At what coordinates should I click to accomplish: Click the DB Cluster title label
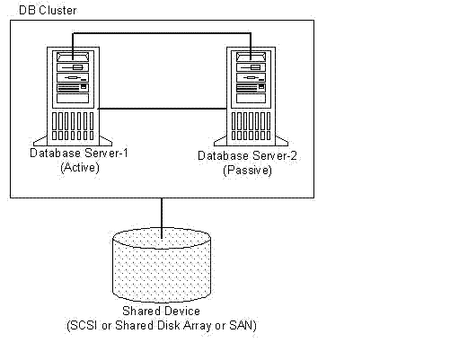(x=48, y=10)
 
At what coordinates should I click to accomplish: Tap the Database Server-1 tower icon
(x=73, y=96)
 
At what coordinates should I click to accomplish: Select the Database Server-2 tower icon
(x=251, y=96)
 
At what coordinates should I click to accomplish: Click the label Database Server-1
(x=79, y=154)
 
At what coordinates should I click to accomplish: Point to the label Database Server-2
(x=247, y=156)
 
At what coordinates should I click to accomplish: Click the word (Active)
(x=80, y=167)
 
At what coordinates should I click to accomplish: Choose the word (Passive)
(x=247, y=171)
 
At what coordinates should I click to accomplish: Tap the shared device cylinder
(x=162, y=265)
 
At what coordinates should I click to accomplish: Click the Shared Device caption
(x=161, y=311)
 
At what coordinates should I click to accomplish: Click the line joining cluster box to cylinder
(x=162, y=218)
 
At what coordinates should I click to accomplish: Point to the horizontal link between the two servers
(x=163, y=109)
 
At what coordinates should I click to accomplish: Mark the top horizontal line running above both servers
(x=162, y=33)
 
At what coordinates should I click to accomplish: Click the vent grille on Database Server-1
(x=73, y=126)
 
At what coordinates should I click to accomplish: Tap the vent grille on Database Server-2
(x=251, y=126)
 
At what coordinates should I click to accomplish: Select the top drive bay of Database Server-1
(x=73, y=57)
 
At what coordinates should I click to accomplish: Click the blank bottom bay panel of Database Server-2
(x=251, y=98)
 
